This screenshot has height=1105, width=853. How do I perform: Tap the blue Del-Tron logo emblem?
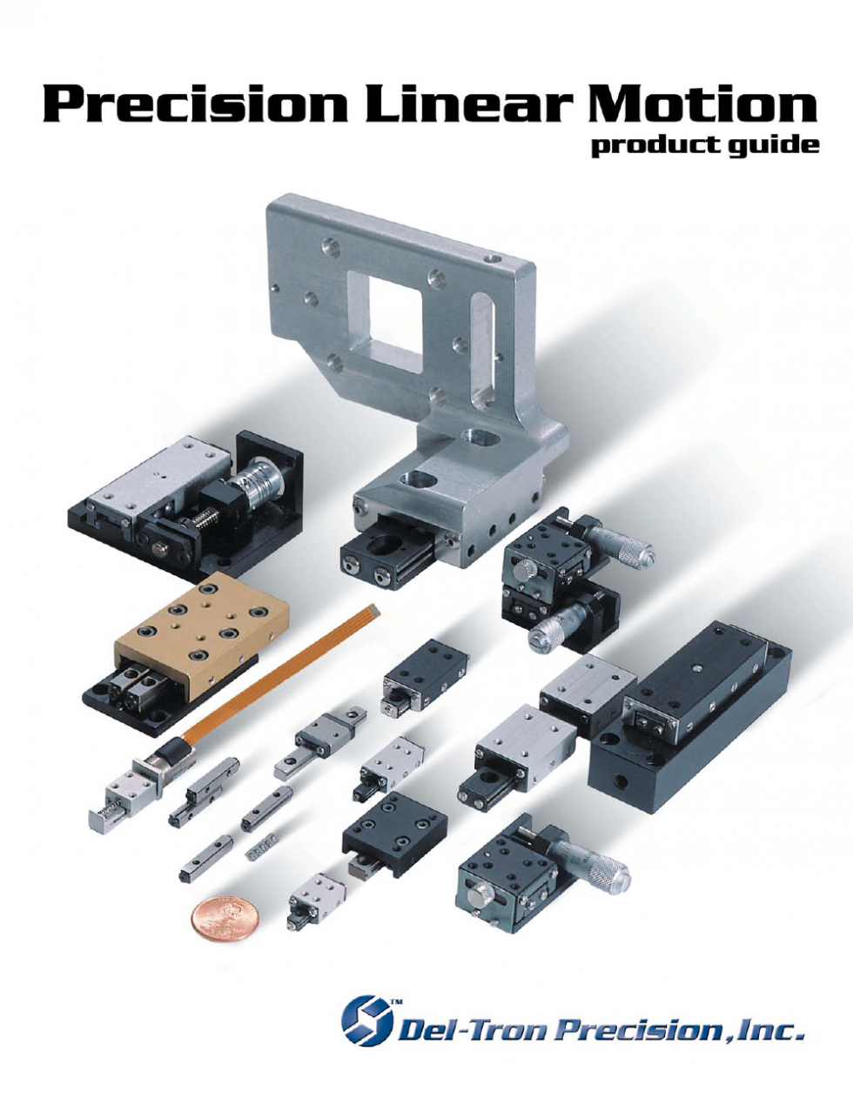[x=366, y=1020]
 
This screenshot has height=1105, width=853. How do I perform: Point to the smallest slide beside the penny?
[x=315, y=899]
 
